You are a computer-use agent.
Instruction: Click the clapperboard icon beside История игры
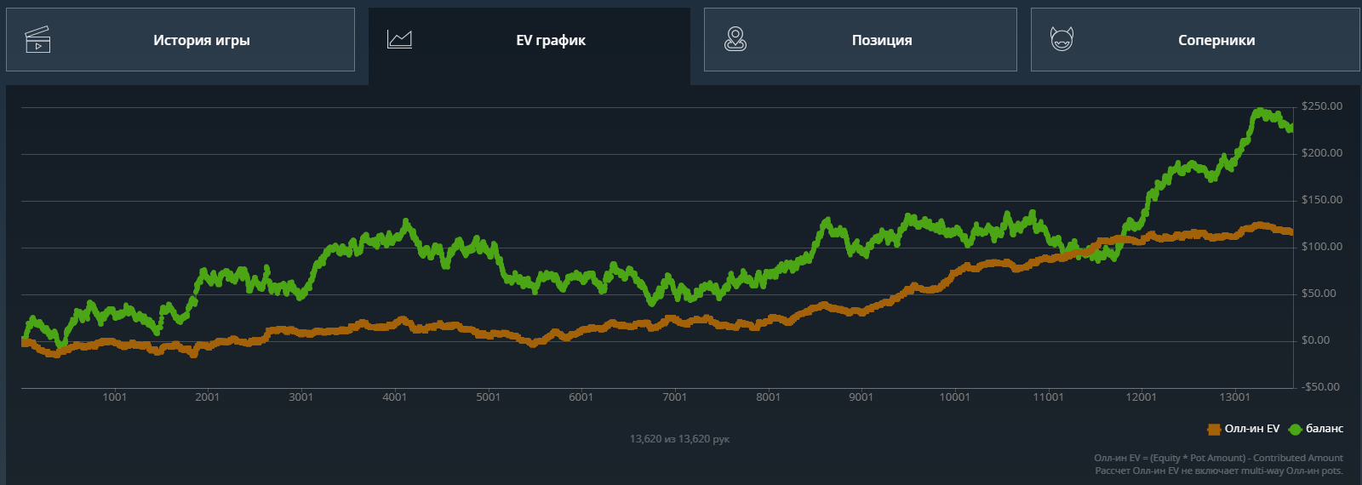point(37,40)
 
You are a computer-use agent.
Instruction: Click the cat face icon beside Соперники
point(1062,39)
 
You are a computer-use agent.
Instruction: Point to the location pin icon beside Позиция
point(735,39)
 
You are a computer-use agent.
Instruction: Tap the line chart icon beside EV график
point(399,39)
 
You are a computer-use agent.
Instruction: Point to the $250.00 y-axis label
point(1322,106)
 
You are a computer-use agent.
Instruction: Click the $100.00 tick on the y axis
point(1322,247)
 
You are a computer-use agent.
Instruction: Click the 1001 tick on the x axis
point(114,397)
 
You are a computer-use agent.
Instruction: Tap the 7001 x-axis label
point(674,397)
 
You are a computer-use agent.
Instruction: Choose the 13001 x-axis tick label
point(1234,397)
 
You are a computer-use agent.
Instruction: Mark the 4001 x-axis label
point(394,397)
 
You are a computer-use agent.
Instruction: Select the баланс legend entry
point(1317,429)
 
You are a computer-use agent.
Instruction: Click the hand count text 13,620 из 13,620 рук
point(679,439)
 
